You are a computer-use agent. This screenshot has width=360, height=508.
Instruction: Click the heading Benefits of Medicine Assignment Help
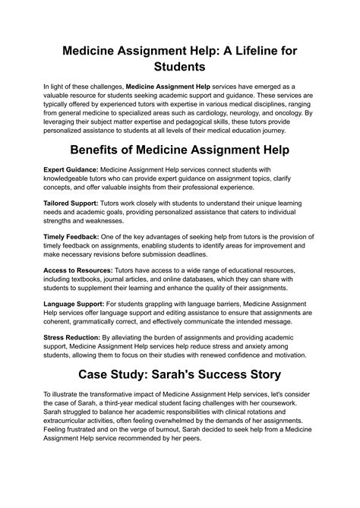point(180,150)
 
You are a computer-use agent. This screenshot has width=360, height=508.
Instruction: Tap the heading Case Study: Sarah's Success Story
point(180,374)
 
